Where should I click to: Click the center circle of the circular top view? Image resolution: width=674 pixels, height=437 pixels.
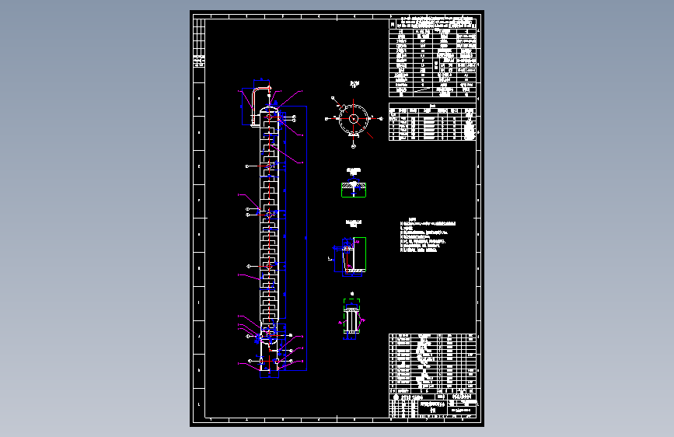(x=354, y=119)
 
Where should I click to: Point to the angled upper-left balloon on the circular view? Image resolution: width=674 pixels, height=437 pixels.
(x=334, y=98)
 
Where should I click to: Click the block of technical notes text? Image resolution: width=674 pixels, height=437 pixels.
(x=426, y=236)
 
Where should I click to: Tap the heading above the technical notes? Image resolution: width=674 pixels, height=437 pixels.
(x=413, y=218)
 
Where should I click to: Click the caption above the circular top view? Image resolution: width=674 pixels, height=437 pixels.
(x=354, y=83)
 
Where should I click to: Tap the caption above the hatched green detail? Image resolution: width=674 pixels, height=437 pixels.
(x=354, y=170)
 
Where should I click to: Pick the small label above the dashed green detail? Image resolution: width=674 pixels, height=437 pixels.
(x=351, y=295)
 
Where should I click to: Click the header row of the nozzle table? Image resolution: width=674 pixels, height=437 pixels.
(x=432, y=110)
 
